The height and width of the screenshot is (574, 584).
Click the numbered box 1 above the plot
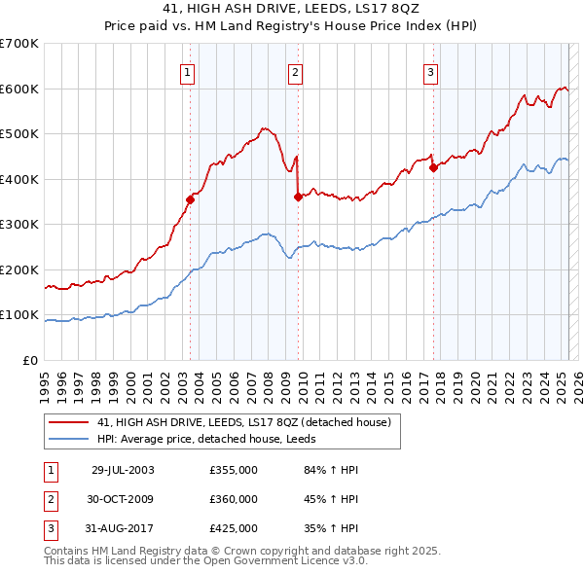[x=187, y=71]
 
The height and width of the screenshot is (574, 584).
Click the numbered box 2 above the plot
[x=295, y=71]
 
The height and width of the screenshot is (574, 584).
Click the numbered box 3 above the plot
[x=430, y=71]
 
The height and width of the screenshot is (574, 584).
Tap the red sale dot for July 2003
[x=191, y=199]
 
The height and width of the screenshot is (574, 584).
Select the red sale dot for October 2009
[x=298, y=197]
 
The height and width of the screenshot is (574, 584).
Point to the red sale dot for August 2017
[x=433, y=168]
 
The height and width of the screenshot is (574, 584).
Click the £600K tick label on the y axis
[x=19, y=89]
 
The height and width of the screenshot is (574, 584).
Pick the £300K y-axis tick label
[x=19, y=225]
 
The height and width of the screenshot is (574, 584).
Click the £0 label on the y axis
[x=29, y=360]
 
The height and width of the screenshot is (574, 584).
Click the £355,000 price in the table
[x=234, y=470]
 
